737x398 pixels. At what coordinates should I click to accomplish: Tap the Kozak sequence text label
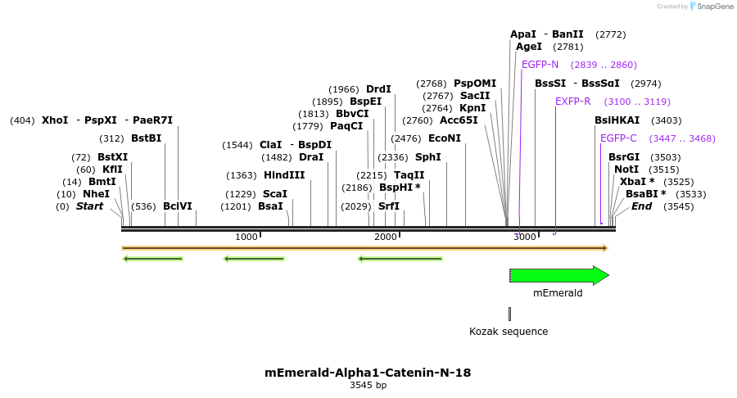(x=509, y=332)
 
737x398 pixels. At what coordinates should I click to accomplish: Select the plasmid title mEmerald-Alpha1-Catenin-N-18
(x=368, y=373)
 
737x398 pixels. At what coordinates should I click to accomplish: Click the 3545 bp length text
(x=368, y=385)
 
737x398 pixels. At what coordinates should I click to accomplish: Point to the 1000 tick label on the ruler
(x=246, y=237)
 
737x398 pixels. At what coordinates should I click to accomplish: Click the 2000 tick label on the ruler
(x=386, y=237)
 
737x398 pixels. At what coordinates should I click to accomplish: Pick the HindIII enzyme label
(x=284, y=175)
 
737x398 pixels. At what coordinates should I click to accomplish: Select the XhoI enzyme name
(x=55, y=120)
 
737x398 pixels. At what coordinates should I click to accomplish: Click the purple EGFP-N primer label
(x=540, y=65)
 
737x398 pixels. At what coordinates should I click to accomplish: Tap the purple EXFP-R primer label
(x=573, y=102)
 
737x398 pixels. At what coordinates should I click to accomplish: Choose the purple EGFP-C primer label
(x=618, y=138)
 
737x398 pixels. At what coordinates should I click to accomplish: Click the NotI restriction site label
(x=626, y=170)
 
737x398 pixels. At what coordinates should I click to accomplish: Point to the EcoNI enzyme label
(x=445, y=138)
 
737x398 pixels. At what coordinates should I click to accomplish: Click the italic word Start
(x=90, y=206)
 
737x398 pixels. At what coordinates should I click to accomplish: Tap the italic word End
(x=641, y=206)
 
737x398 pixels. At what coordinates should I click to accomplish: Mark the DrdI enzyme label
(x=378, y=89)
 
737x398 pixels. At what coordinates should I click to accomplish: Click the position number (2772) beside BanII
(x=611, y=34)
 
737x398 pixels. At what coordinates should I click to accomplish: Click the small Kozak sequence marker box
(x=509, y=314)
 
